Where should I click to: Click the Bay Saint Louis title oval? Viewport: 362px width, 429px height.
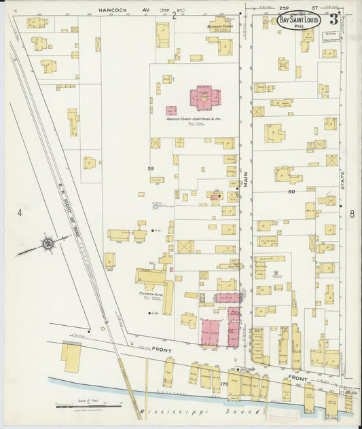pos(299,20)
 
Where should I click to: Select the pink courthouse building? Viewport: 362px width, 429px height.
pos(204,98)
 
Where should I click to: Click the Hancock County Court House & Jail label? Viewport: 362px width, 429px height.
pos(194,119)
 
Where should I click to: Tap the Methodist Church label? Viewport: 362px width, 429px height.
pos(220,26)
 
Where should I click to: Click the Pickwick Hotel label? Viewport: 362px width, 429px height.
pos(148,295)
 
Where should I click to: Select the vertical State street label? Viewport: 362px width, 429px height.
pos(343,179)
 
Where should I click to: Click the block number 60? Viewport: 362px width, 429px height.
pos(292,192)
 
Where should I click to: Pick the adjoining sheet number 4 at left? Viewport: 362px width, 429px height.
pos(20,212)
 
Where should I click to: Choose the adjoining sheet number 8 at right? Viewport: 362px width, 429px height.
pos(352,214)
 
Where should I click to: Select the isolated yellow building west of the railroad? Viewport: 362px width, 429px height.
pos(71,356)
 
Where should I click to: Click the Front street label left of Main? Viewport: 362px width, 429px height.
pos(161,350)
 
